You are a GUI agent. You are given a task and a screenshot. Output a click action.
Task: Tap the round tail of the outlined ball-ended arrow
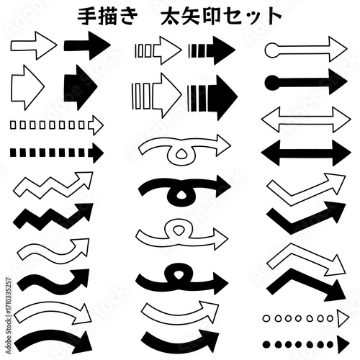coord(272,50)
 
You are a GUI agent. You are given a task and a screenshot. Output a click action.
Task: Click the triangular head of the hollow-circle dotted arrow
coord(341,317)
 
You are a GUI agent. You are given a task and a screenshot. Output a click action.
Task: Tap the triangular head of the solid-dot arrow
coord(341,343)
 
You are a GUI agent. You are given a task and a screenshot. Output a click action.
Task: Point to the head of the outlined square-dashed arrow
coord(95,125)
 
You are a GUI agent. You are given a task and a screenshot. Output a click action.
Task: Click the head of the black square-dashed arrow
coord(95,153)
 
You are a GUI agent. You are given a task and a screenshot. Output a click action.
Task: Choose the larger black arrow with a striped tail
coord(211,97)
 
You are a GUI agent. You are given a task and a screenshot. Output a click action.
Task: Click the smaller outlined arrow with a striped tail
coord(158,50)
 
